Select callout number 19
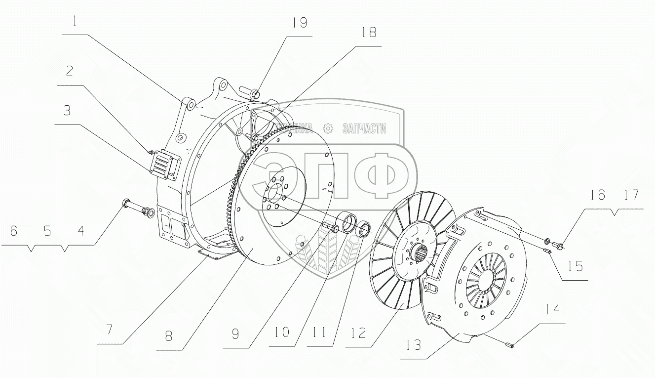click(x=300, y=23)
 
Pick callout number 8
click(x=169, y=336)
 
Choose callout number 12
click(x=358, y=333)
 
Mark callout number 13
click(x=413, y=344)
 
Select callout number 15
click(x=575, y=266)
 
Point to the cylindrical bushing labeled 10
click(x=347, y=223)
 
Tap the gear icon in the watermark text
click(x=327, y=128)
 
